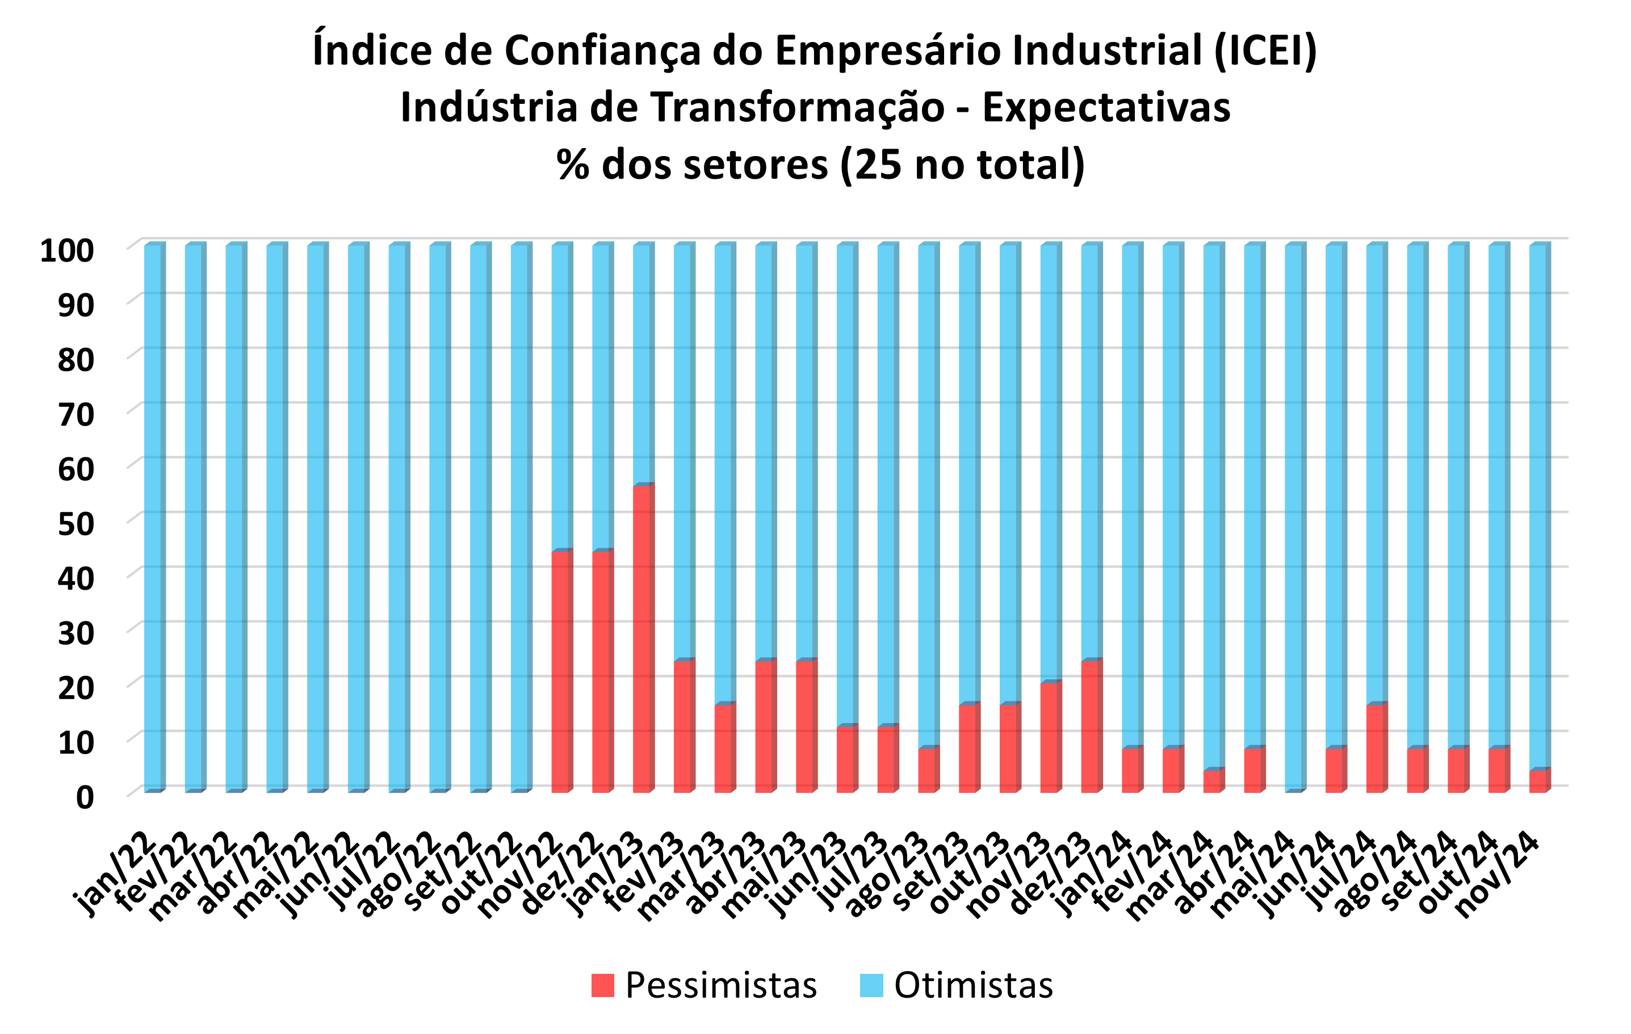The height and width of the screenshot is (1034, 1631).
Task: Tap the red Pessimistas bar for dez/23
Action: tap(1090, 726)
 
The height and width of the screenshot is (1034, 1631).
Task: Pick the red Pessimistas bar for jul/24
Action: tap(1375, 747)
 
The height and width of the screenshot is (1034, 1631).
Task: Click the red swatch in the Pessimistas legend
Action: tap(602, 985)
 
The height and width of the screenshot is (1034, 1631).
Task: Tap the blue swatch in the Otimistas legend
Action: tap(871, 985)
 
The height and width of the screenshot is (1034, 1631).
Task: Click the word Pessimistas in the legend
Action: tap(720, 985)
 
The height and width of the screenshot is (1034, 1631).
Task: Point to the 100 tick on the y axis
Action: tap(66, 250)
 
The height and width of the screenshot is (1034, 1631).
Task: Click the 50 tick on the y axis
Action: tap(75, 524)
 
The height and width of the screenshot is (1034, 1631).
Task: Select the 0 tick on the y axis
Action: tap(85, 798)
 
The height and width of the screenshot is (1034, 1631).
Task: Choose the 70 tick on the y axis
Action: tap(75, 414)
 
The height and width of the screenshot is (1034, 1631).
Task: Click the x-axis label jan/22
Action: tap(115, 873)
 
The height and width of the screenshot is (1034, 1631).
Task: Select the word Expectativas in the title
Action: tap(1105, 108)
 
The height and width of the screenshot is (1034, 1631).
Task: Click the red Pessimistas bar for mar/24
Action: tap(1213, 781)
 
